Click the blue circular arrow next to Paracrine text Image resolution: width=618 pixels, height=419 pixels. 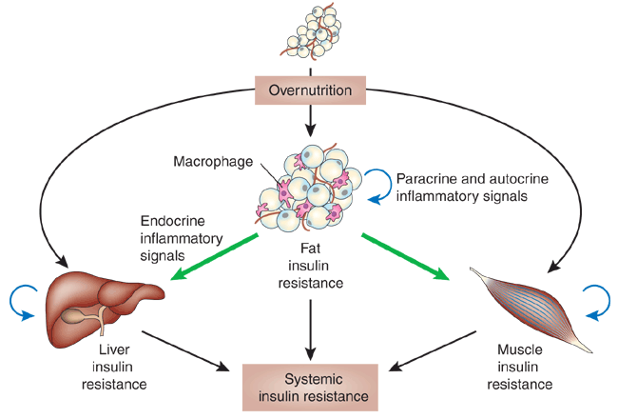pyautogui.click(x=377, y=186)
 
